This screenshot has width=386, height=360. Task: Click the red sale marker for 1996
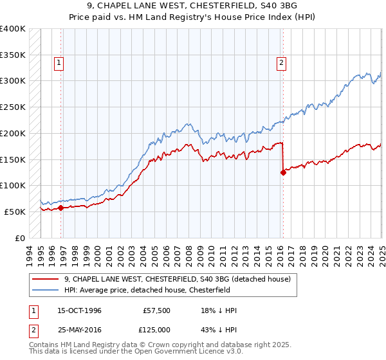coord(60,208)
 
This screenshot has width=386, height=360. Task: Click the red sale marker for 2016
coord(282,172)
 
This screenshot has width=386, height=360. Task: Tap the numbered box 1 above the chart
coord(59,63)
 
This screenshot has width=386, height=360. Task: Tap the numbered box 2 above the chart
coord(282,63)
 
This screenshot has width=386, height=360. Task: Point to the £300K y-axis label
coord(13,81)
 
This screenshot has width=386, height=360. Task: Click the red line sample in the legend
coord(45,279)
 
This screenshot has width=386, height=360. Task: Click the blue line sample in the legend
coord(45,290)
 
